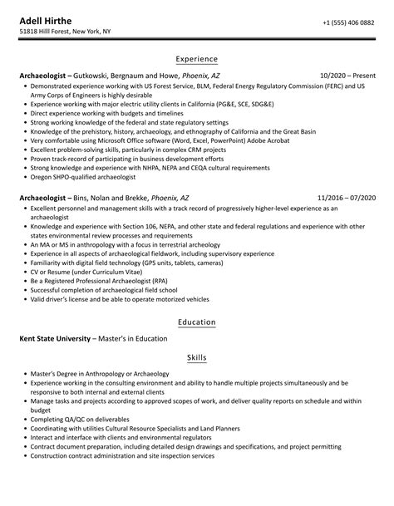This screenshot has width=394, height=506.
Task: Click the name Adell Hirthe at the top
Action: point(48,19)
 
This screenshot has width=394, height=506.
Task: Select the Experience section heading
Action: point(197,59)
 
